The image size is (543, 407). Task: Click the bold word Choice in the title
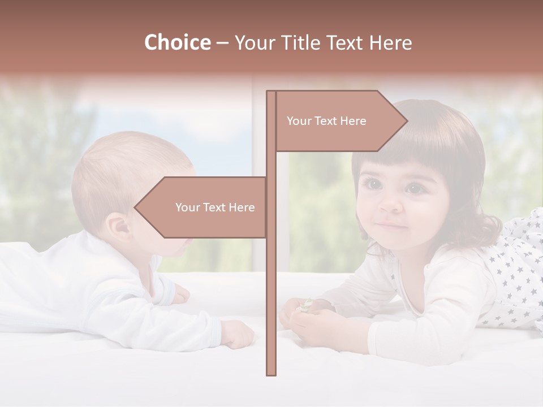[x=177, y=43]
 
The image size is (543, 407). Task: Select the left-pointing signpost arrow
[x=204, y=207]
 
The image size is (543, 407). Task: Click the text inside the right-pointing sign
[x=326, y=121]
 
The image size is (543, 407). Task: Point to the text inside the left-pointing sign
[x=215, y=207]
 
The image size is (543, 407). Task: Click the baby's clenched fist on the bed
[x=238, y=334]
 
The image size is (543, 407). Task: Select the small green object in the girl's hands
[x=306, y=305]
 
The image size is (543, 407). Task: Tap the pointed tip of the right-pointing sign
[x=406, y=120]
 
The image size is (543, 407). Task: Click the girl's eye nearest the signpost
[x=373, y=184]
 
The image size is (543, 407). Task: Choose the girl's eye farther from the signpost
[x=415, y=188]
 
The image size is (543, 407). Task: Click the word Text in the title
[x=345, y=43]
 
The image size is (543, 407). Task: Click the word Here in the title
[x=391, y=43]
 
